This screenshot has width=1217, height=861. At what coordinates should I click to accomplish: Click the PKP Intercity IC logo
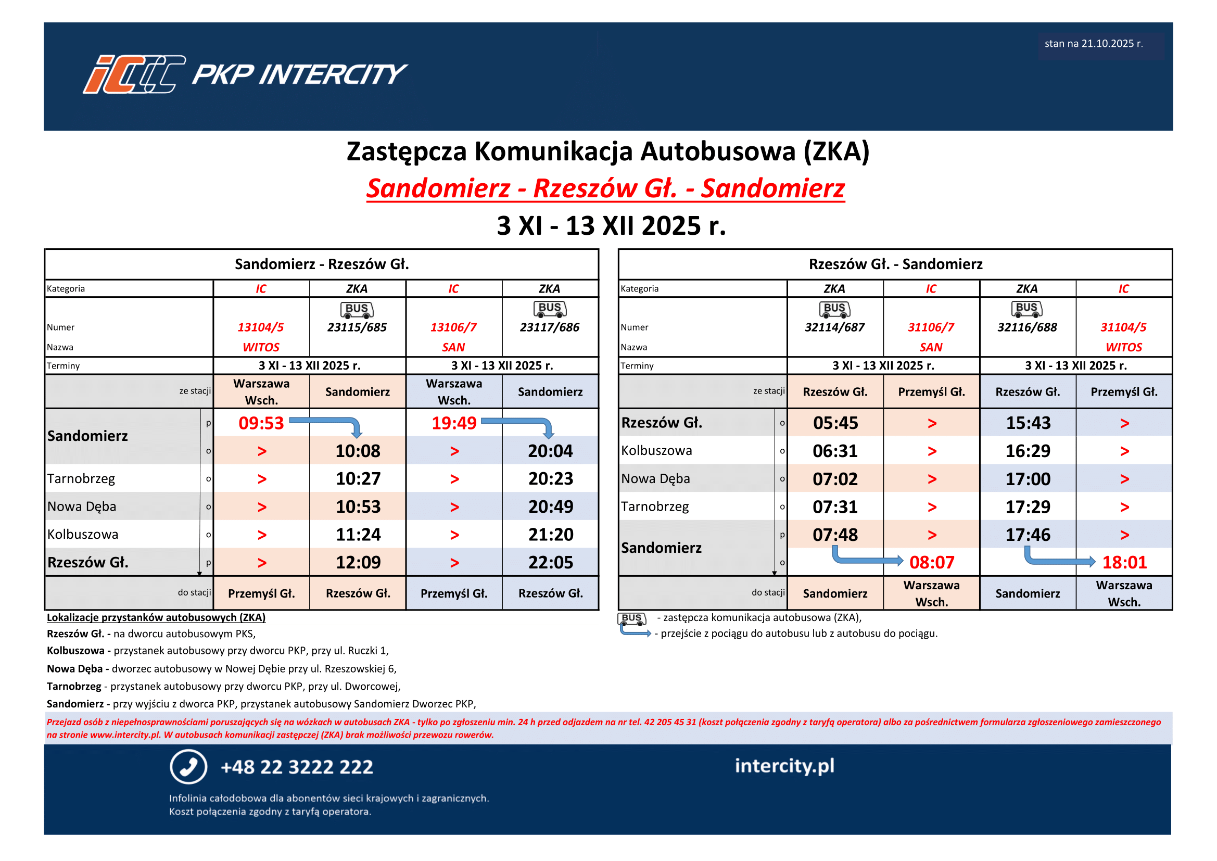point(134,74)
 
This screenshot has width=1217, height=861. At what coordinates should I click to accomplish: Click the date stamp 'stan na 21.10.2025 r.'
point(1093,44)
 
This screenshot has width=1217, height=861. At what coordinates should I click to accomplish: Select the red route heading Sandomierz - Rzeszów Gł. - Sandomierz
point(605,189)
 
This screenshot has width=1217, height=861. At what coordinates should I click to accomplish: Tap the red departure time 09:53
point(261,423)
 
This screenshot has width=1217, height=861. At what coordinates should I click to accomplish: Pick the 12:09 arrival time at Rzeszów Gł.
point(358,563)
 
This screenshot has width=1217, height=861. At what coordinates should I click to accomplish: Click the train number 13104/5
point(260,327)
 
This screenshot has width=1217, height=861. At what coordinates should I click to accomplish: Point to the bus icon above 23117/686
point(550,309)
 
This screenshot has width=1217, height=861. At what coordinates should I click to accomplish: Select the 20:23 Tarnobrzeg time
point(550,479)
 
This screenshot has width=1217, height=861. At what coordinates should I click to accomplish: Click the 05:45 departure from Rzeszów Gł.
point(835,423)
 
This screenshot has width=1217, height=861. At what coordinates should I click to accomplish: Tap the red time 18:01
point(1124,563)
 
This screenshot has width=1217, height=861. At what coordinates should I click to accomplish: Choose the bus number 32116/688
point(1026,327)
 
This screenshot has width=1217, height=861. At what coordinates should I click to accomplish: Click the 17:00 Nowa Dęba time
point(1027,479)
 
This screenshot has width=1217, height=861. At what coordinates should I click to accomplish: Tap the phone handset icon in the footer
point(188,767)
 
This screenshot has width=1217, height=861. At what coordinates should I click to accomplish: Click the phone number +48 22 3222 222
point(297,767)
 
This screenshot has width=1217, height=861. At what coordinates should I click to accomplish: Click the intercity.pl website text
point(784,766)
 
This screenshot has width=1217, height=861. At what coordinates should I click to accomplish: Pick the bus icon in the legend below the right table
point(631,618)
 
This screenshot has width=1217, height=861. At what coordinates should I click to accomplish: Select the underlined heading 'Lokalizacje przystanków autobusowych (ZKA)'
point(156,618)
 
